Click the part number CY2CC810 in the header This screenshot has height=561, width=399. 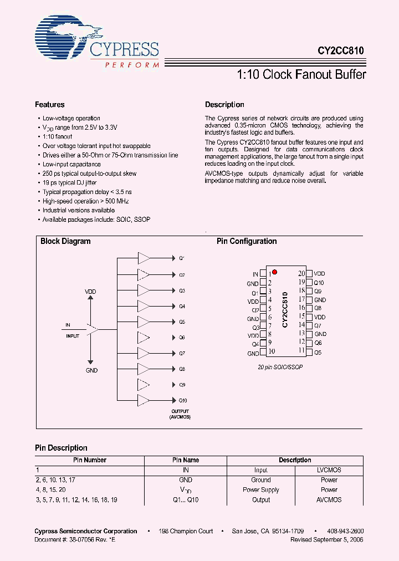click(340, 50)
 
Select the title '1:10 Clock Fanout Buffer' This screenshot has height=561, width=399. click(301, 74)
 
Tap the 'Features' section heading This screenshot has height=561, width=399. click(49, 105)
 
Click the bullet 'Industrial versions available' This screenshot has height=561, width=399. click(79, 211)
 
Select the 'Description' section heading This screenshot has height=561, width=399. click(224, 105)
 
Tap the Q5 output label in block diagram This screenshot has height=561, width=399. click(182, 322)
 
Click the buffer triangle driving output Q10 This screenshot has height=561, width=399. click(144, 400)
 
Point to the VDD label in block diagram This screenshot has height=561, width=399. click(90, 292)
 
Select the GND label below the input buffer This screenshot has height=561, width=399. click(91, 370)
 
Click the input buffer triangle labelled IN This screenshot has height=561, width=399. click(92, 329)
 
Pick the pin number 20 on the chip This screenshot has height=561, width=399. click(301, 273)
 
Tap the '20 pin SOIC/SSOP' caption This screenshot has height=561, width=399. click(280, 368)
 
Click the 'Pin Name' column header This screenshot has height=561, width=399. click(186, 460)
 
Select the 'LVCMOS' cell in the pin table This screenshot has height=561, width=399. click(329, 470)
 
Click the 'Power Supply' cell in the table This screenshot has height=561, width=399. click(260, 490)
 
